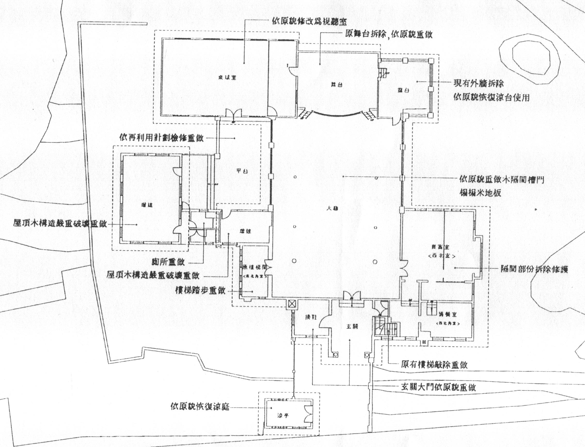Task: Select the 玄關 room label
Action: pyautogui.click(x=353, y=327)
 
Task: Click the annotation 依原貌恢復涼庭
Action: pyautogui.click(x=200, y=407)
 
